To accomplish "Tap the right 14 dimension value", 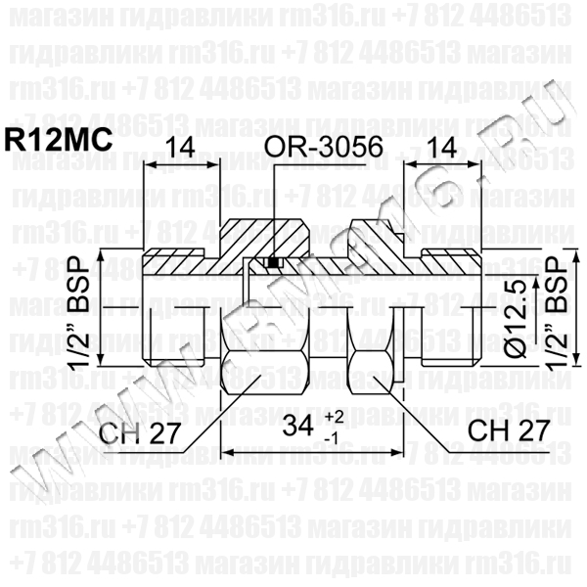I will coord(440,149).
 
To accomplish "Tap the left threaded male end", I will coord(176,313).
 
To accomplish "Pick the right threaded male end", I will coord(450,313).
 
